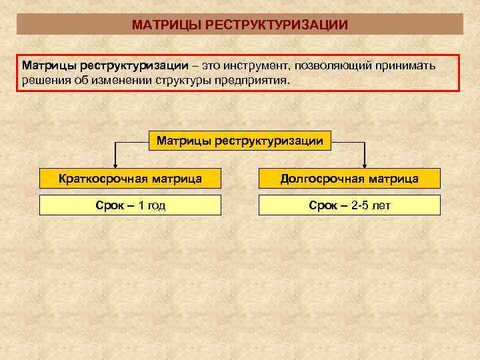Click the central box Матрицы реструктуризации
point(239,141)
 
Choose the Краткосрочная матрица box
point(130,178)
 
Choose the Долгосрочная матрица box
point(349,178)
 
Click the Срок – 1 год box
point(130,205)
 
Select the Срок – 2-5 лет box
point(349,205)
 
